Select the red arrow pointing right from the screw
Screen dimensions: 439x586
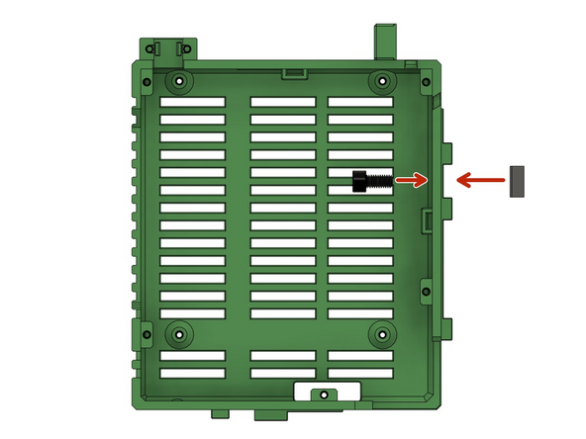click(x=411, y=180)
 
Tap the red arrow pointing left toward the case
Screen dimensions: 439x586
click(x=476, y=180)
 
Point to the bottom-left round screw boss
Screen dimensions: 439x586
click(x=178, y=334)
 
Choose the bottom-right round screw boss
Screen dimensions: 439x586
click(x=381, y=334)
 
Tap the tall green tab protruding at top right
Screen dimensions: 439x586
click(x=386, y=42)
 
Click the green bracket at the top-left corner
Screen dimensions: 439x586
click(x=168, y=49)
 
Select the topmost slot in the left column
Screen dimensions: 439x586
click(x=192, y=102)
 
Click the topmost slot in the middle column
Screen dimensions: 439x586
click(x=282, y=102)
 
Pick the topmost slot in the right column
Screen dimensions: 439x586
click(x=360, y=102)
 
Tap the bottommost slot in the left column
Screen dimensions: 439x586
click(x=192, y=374)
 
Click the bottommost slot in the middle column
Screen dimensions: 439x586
click(x=282, y=374)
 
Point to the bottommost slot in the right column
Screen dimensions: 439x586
click(x=360, y=374)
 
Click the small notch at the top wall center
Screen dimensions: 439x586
click(x=293, y=72)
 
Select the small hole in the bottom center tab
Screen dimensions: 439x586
click(x=320, y=395)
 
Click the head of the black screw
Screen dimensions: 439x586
click(x=359, y=181)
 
